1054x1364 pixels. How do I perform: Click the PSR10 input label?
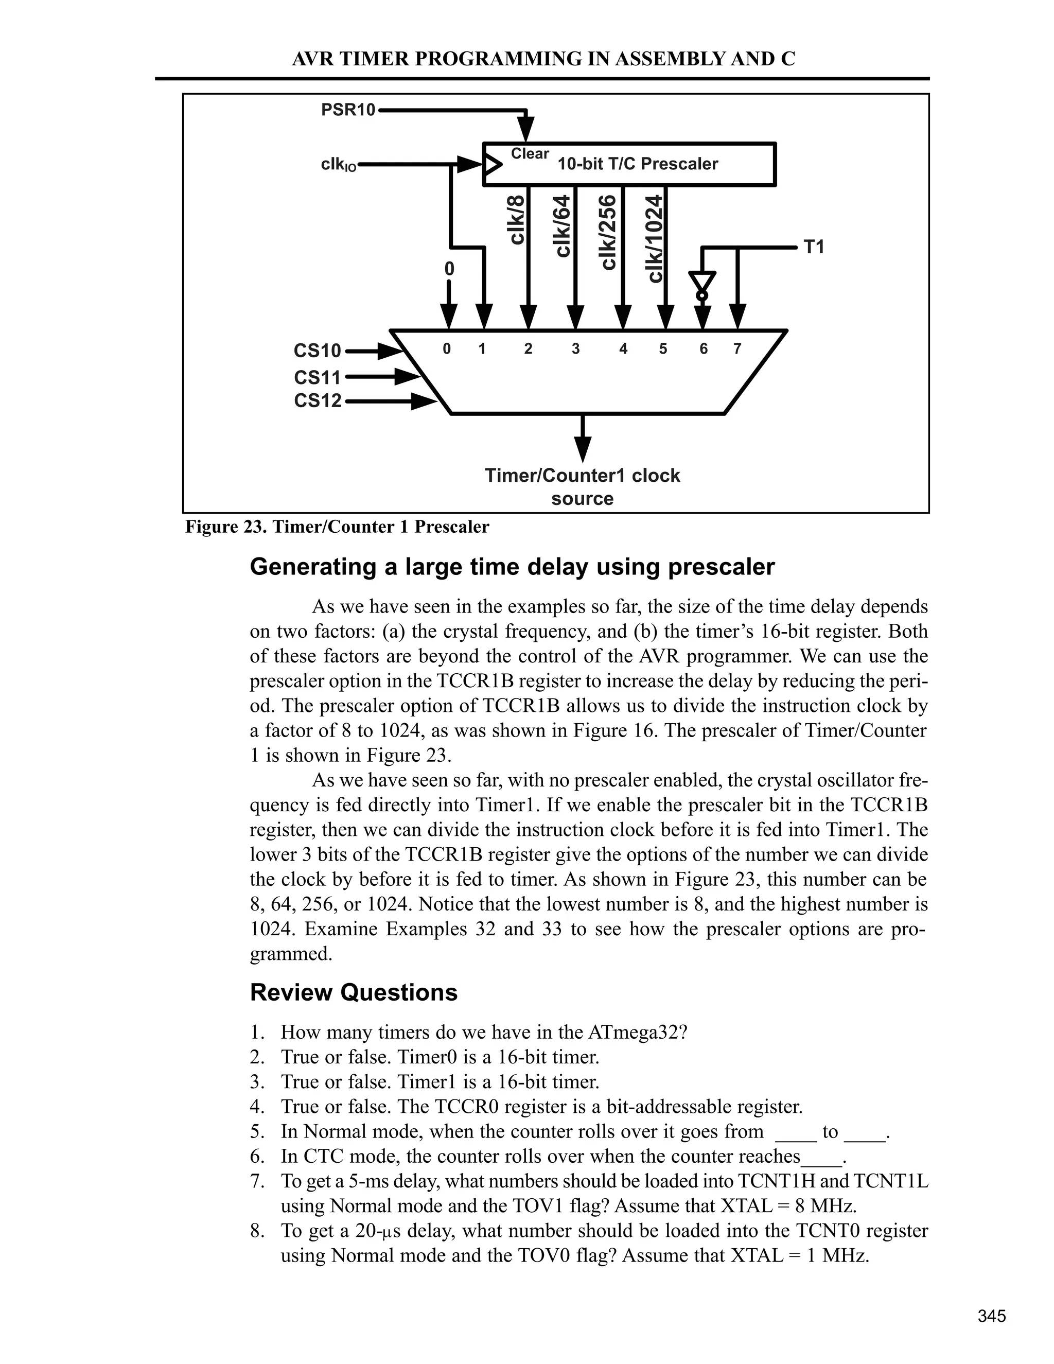coord(348,110)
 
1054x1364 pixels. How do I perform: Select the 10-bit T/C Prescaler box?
coord(629,164)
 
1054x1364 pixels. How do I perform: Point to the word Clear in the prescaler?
coord(530,153)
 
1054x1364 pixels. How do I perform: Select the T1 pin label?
coord(814,247)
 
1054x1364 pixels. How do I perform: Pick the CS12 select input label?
coord(318,400)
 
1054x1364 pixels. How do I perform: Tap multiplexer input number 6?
coord(703,349)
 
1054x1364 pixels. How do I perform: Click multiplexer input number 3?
coord(575,349)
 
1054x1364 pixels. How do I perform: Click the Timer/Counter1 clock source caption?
coord(582,486)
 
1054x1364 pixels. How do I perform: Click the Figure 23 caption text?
coord(337,527)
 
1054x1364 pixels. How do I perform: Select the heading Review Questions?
coord(354,992)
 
